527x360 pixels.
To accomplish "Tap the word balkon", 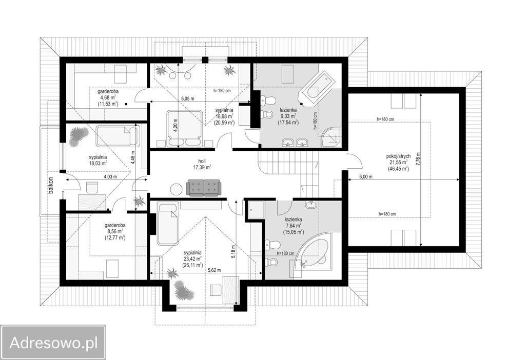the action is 51,186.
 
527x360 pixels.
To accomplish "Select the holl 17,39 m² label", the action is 202,164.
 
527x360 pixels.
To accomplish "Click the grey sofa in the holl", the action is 203,188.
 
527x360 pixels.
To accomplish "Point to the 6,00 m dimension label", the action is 366,177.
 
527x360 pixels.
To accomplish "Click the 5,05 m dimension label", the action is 188,99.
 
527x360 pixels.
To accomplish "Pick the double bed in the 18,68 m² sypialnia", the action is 185,128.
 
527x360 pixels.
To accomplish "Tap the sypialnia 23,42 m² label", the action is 192,258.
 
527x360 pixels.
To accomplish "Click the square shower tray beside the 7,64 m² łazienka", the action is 257,210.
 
